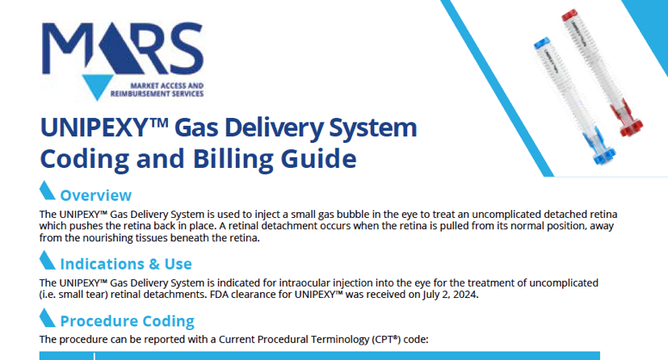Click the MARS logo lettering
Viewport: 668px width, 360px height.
tap(122, 48)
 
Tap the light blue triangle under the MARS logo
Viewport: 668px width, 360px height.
tap(98, 86)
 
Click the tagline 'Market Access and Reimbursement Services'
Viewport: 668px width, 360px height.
tap(157, 90)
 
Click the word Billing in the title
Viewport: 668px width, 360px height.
tap(233, 160)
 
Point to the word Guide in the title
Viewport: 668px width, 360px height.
tap(319, 159)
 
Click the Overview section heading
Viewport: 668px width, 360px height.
tap(96, 195)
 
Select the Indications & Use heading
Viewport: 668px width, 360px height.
tap(126, 264)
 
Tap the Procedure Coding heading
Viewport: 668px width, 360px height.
tap(128, 321)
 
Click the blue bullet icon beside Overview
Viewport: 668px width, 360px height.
tap(47, 190)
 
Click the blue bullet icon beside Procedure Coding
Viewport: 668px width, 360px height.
tap(47, 318)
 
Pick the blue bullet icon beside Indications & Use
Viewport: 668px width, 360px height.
tap(47, 260)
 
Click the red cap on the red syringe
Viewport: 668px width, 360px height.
tap(569, 15)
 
